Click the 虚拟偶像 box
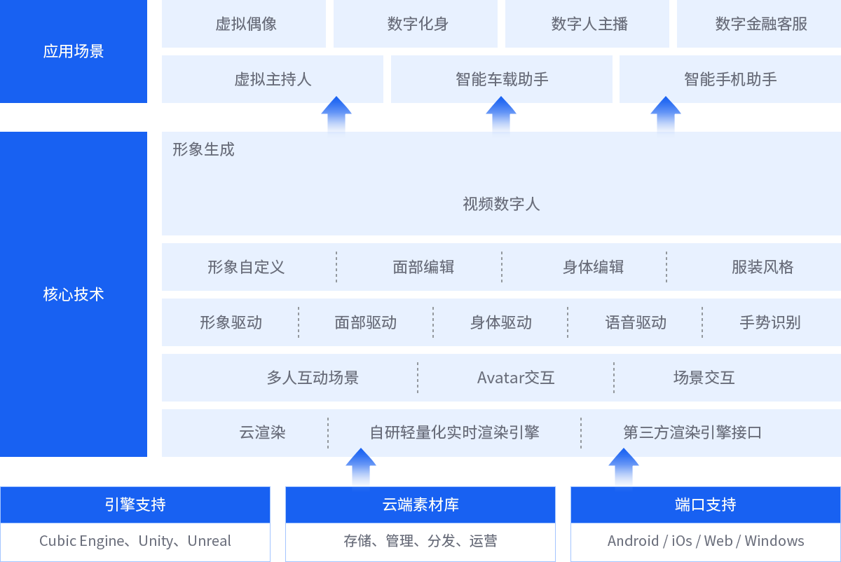pos(246,24)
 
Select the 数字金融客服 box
pos(761,24)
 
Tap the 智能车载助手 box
pos(502,79)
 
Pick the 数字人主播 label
pos(589,24)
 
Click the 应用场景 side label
pos(74,51)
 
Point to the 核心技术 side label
pos(74,294)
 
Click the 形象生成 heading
pos(203,149)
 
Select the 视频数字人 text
pos(501,204)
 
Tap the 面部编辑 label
pos(423,267)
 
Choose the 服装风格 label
pos(763,267)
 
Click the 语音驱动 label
pos(636,322)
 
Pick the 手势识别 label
pos(770,322)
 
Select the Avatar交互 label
pos(516,378)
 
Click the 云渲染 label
pos(262,432)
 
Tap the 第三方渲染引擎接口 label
pos(692,432)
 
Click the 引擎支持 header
pos(135,505)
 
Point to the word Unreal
pos(209,541)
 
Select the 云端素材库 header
pos(420,505)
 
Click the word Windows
pos(774,541)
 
